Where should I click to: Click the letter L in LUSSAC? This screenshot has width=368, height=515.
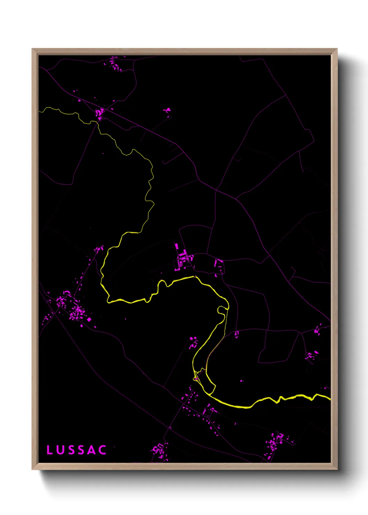(49, 450)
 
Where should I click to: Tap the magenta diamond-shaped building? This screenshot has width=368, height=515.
(89, 319)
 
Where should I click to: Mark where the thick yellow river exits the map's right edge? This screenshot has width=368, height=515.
(330, 398)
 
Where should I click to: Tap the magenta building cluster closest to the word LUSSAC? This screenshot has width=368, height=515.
(160, 451)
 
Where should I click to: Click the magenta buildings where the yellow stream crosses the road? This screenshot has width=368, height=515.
(100, 113)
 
